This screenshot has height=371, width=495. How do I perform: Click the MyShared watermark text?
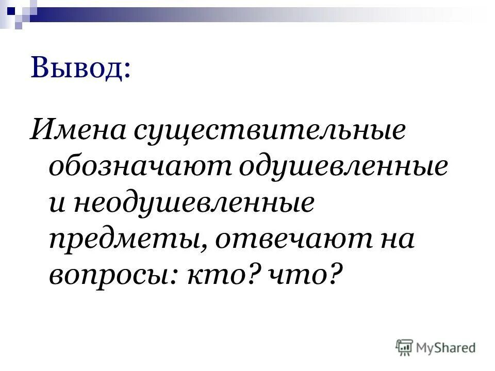[x=447, y=348]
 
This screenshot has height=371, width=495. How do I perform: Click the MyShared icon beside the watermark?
[x=405, y=347]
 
